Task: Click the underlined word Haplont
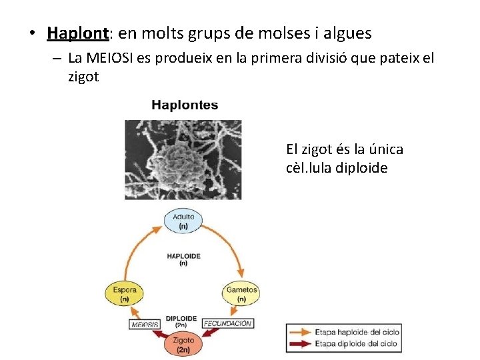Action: (x=77, y=33)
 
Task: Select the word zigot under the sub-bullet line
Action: (x=83, y=77)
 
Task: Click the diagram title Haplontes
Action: (x=185, y=105)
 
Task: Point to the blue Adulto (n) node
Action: (x=183, y=221)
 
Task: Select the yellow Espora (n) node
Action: (x=125, y=294)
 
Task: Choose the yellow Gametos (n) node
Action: (x=241, y=294)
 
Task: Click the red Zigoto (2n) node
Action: (x=183, y=345)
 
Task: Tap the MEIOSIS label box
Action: (x=145, y=324)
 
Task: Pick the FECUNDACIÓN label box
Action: (x=227, y=323)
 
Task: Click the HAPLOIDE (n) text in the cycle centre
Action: (x=183, y=259)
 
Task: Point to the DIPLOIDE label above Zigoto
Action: (x=181, y=318)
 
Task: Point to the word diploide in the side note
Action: (x=363, y=168)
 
